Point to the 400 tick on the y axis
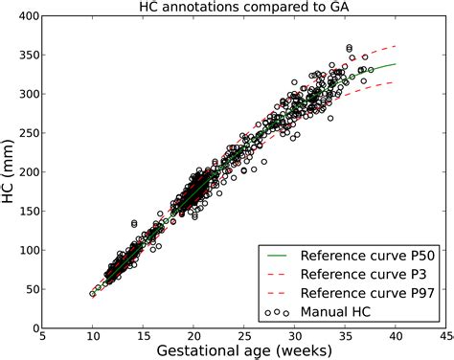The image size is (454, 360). pos(26,18)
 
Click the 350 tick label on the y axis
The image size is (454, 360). pos(26,57)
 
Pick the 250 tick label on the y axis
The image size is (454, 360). pos(26,135)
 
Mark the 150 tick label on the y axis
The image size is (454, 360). pos(26,213)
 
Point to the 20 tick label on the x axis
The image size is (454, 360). pos(193,337)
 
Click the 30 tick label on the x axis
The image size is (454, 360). pos(294,337)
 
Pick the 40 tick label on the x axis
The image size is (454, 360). pos(396,337)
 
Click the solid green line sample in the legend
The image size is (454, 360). pos(277,256)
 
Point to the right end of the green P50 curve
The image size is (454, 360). pos(395,65)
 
